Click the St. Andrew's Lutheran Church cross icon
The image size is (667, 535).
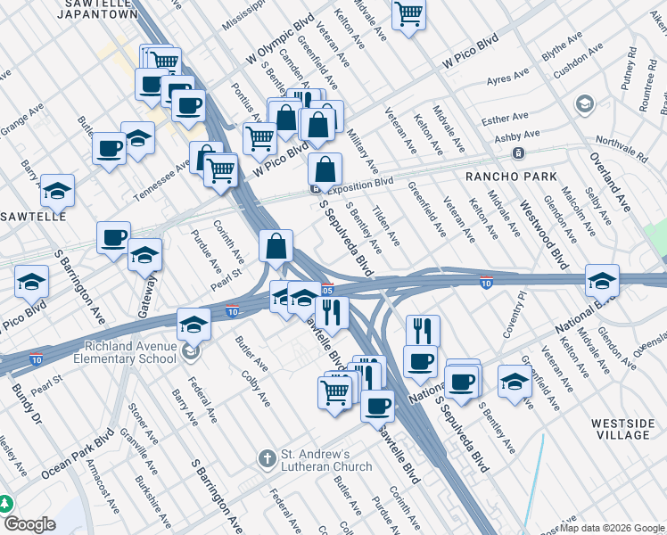coord(266,459)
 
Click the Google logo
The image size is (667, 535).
coord(29,524)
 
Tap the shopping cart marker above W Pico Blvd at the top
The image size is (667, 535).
coord(408,12)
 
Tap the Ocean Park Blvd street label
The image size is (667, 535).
coord(78,455)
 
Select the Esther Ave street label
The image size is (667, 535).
coord(505,118)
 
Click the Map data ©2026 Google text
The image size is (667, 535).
coord(611,528)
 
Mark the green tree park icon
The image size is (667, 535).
coord(5,504)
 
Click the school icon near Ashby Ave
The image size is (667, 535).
coord(585,104)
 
